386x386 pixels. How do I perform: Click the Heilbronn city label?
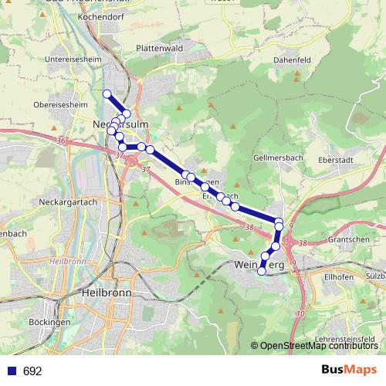point(106,294)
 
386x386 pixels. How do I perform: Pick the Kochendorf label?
point(108,15)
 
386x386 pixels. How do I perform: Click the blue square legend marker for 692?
point(10,371)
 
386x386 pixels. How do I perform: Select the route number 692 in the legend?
point(32,371)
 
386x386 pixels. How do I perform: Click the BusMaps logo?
point(349,370)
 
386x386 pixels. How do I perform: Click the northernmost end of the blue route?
point(107,94)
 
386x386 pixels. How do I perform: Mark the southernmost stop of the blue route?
point(262,270)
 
